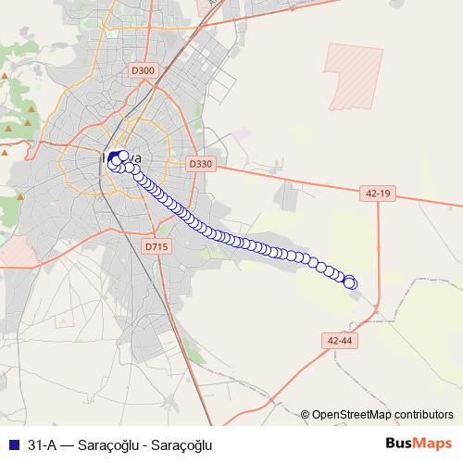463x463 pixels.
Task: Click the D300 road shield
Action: pyautogui.click(x=144, y=69)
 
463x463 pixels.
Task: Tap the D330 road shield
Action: pyautogui.click(x=200, y=164)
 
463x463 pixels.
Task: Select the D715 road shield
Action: pyautogui.click(x=156, y=246)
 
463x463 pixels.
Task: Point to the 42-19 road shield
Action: pyautogui.click(x=377, y=193)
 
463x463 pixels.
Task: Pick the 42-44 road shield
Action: pyautogui.click(x=341, y=340)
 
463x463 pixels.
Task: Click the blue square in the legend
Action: pyautogui.click(x=13, y=444)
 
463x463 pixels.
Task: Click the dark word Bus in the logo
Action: pyautogui.click(x=399, y=444)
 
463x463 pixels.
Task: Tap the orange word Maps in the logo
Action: pyautogui.click(x=434, y=444)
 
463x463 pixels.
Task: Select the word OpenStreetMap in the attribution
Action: pyautogui.click(x=351, y=415)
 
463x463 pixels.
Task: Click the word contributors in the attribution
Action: pyautogui.click(x=422, y=415)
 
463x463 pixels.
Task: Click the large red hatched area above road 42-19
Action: pyautogui.click(x=354, y=76)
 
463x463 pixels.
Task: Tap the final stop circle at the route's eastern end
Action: pyautogui.click(x=350, y=282)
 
